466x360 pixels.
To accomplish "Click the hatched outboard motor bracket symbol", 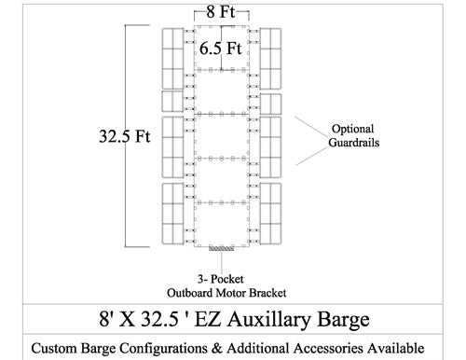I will pos(221,248).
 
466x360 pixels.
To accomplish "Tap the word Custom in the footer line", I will pos(58,348).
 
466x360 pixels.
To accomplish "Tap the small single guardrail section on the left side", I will pos(172,101).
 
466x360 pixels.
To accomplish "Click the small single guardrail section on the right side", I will pos(271,101).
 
